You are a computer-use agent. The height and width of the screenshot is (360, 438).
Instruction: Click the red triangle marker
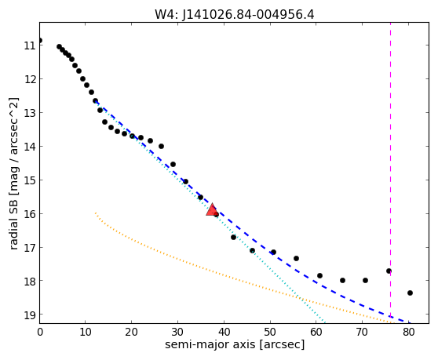(x=212, y=210)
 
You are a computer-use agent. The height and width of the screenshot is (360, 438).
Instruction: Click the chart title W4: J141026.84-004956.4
(x=235, y=14)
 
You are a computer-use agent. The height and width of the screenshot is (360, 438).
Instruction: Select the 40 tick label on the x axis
(x=224, y=332)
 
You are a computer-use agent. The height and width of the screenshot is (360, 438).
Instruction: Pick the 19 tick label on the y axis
(x=30, y=315)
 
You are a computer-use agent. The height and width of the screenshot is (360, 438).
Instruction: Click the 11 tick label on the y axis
(x=30, y=45)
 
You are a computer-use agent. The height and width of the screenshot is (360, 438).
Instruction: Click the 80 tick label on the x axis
(x=408, y=332)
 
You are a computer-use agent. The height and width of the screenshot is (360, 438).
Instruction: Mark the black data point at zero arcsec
(x=39, y=41)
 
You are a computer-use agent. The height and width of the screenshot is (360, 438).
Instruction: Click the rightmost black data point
(x=410, y=293)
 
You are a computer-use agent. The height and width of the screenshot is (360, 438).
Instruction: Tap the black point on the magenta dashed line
(x=389, y=271)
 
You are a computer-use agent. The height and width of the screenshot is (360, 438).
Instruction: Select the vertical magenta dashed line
(x=390, y=173)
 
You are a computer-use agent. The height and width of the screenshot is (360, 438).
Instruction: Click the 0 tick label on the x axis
(x=40, y=332)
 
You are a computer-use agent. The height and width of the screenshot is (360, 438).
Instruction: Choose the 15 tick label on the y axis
(x=30, y=180)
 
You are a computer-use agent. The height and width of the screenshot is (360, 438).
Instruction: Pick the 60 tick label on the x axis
(x=316, y=332)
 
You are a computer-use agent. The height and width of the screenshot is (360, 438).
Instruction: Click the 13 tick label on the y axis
(x=30, y=113)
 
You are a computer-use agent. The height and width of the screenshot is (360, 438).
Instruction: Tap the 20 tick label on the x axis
(x=131, y=332)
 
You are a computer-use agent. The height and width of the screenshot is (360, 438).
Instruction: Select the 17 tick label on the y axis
(x=30, y=248)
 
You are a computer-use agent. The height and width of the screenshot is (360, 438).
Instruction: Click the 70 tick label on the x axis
(x=362, y=332)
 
